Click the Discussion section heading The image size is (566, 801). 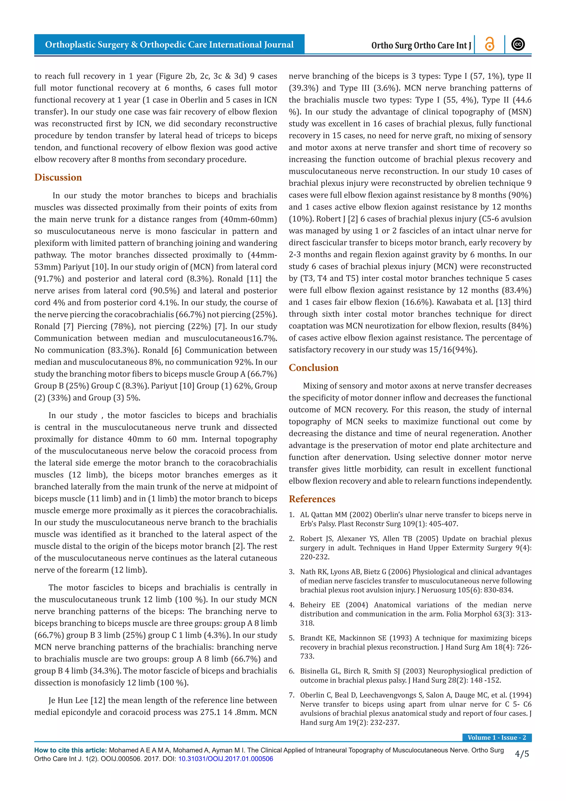tap(58, 177)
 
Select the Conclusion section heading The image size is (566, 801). tap(313, 368)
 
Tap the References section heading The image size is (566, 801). tap(312, 499)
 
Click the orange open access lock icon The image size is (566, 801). tap(490, 44)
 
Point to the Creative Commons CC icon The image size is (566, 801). tap(518, 44)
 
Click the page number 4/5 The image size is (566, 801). tap(522, 754)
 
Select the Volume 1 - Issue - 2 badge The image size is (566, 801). tap(497, 737)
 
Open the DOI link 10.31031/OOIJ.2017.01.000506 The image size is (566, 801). tap(226, 759)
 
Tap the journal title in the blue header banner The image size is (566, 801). tap(169, 45)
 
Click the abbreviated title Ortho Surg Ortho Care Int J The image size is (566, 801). tap(421, 45)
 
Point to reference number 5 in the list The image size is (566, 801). tap(292, 638)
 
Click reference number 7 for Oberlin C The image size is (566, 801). tap(292, 695)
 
